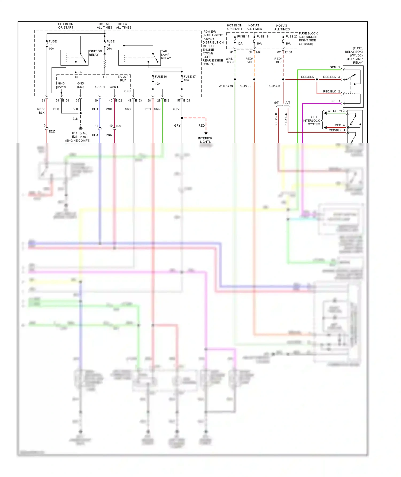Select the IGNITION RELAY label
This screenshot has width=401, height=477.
[95, 53]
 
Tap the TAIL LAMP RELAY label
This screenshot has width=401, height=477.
[166, 55]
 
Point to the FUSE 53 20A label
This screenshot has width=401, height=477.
[110, 45]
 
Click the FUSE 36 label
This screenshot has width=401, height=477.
[161, 77]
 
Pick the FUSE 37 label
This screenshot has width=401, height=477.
[190, 77]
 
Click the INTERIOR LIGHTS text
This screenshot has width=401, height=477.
[205, 140]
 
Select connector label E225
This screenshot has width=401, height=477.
[52, 131]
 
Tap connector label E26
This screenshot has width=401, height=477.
[119, 126]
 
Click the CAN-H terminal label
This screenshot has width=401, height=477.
[100, 87]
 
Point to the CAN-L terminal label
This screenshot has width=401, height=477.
[114, 87]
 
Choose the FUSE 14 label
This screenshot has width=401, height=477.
[243, 37]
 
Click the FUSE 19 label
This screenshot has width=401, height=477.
[262, 37]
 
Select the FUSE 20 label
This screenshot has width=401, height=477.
[291, 37]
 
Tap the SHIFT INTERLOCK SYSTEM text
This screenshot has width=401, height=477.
[312, 121]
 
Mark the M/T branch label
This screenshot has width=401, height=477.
[276, 103]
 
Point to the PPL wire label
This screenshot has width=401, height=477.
[333, 101]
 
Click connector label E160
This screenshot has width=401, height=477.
[288, 52]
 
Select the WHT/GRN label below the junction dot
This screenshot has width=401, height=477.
[226, 86]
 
